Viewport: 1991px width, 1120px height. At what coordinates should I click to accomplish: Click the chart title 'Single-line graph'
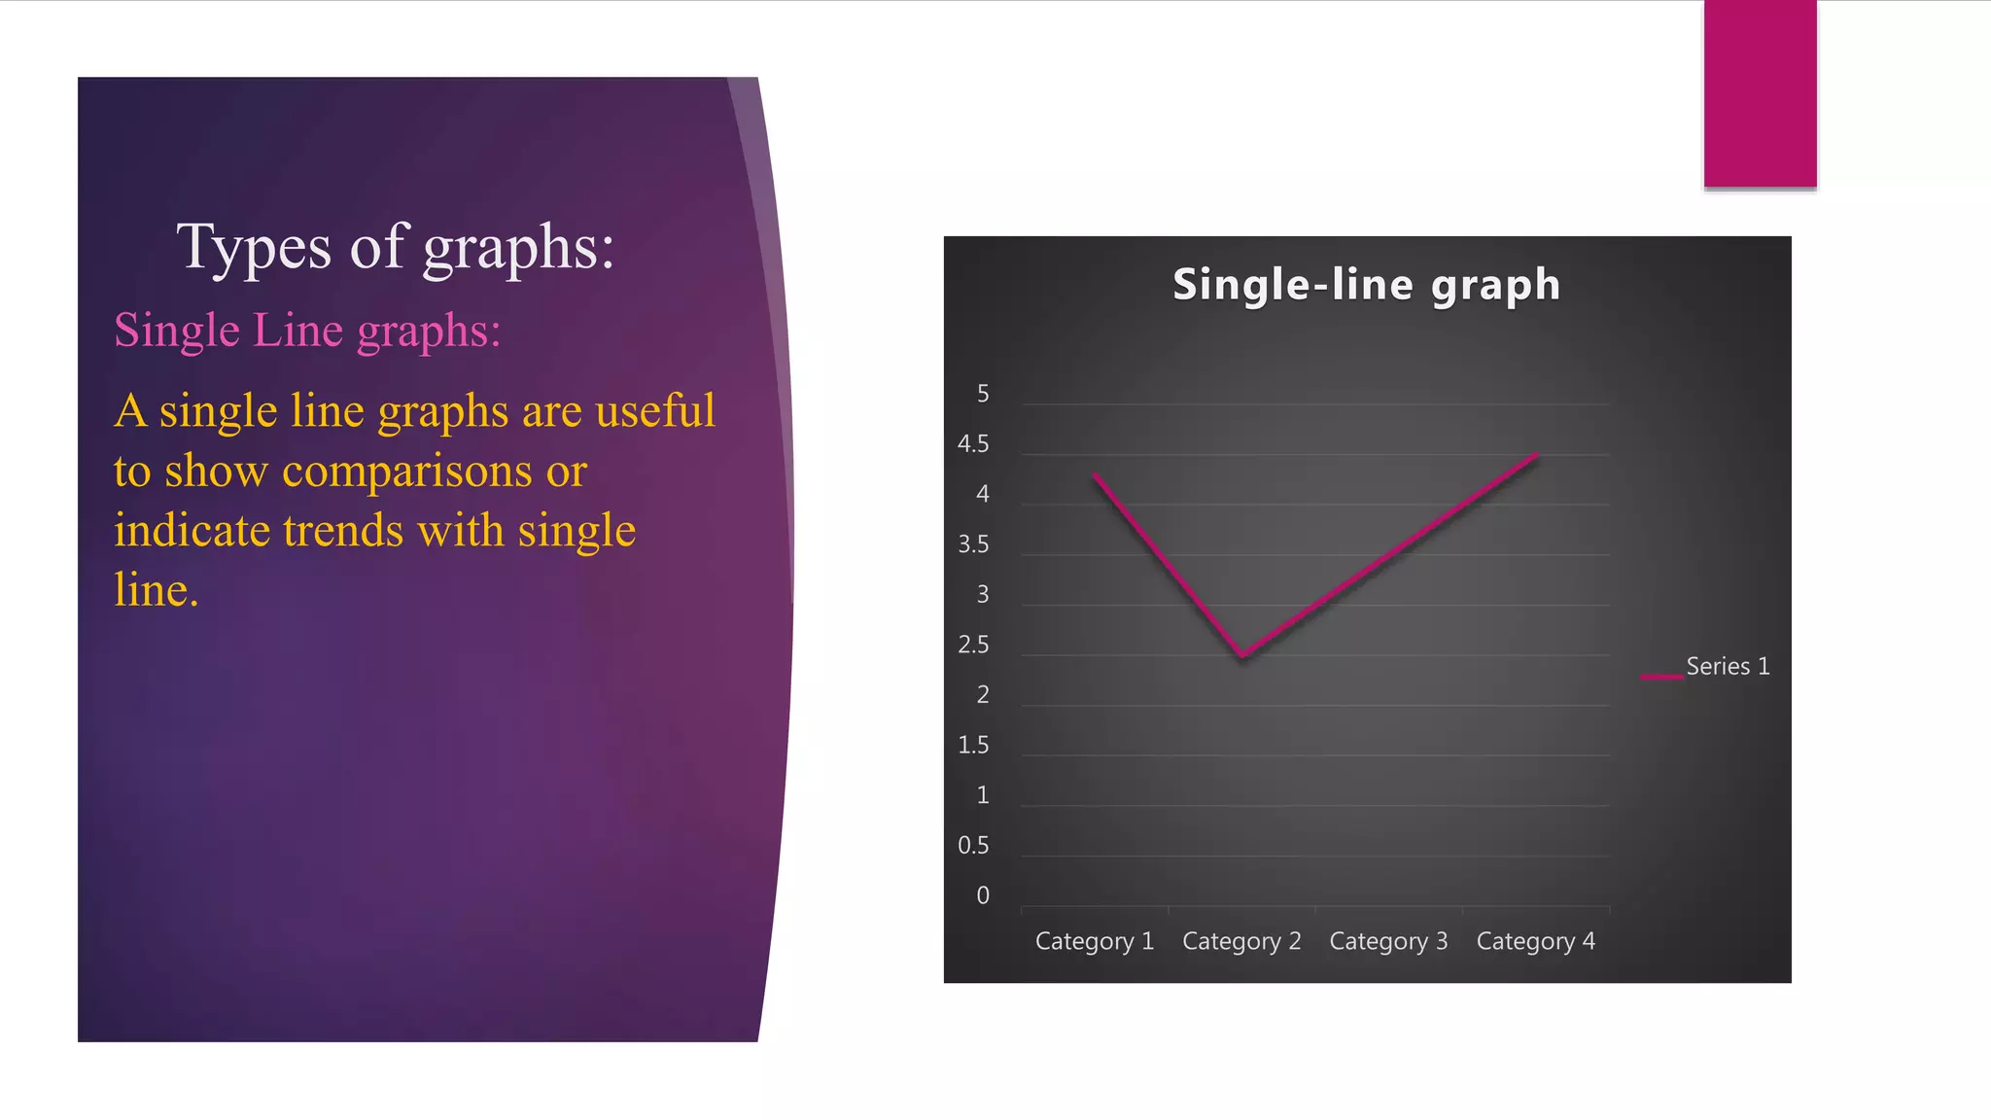click(x=1366, y=285)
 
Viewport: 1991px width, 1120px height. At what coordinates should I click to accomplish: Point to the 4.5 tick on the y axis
click(x=973, y=444)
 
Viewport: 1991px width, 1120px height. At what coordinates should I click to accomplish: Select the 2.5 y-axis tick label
click(x=973, y=645)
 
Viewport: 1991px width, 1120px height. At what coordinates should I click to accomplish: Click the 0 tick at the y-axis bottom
click(x=983, y=895)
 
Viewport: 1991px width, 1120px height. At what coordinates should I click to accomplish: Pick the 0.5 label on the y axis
click(x=973, y=846)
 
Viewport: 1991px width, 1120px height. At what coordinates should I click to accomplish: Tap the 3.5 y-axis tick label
click(x=973, y=544)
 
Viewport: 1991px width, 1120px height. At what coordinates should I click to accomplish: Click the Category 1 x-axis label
click(x=1094, y=941)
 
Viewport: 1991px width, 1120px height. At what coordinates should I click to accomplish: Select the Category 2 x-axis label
click(x=1241, y=941)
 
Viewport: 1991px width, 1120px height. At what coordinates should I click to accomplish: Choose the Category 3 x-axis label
click(x=1388, y=941)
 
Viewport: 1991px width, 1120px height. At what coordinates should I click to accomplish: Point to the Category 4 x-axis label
click(x=1535, y=941)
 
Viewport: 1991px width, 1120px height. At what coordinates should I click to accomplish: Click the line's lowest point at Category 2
click(x=1242, y=656)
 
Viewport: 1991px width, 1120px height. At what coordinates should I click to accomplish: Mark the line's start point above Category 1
click(x=1096, y=475)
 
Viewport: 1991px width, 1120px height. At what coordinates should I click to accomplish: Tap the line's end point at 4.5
click(x=1536, y=455)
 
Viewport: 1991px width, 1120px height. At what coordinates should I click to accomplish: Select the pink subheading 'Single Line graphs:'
click(x=307, y=331)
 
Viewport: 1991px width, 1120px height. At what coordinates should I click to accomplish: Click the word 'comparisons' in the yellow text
click(x=406, y=472)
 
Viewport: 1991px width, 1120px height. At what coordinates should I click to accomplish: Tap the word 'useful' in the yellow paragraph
click(x=655, y=411)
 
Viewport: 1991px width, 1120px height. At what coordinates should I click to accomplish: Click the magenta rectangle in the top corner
click(x=1760, y=93)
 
